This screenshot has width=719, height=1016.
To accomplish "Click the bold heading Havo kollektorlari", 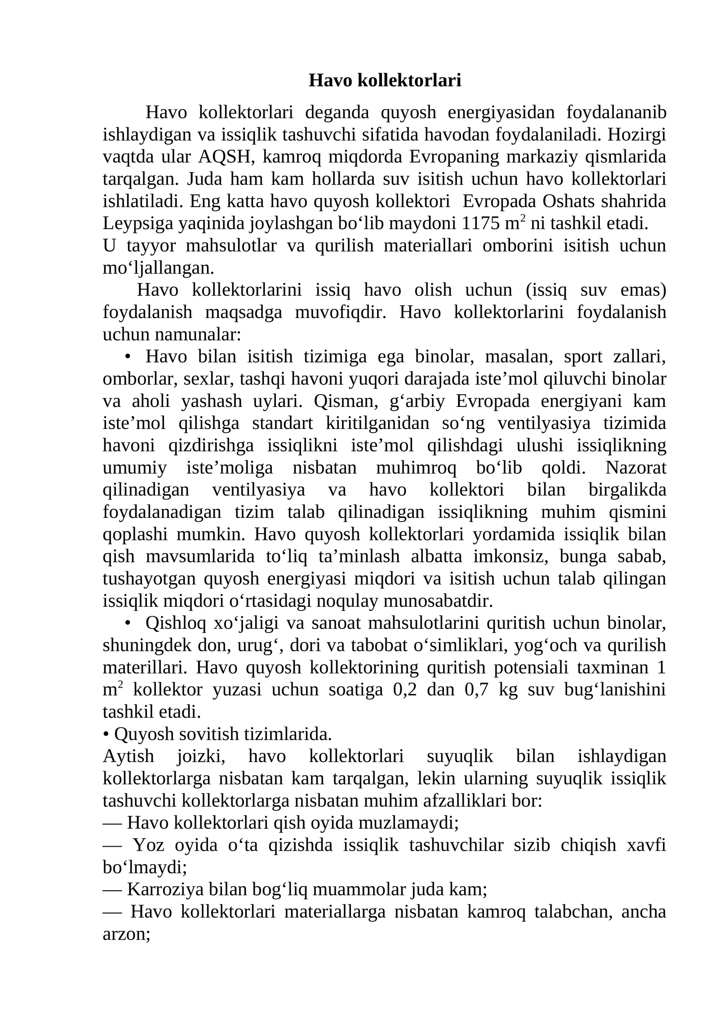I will click(x=385, y=81).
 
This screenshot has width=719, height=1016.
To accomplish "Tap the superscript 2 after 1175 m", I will click(x=523, y=219).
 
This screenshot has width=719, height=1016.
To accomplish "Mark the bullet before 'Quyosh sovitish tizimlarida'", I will click(x=106, y=734).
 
